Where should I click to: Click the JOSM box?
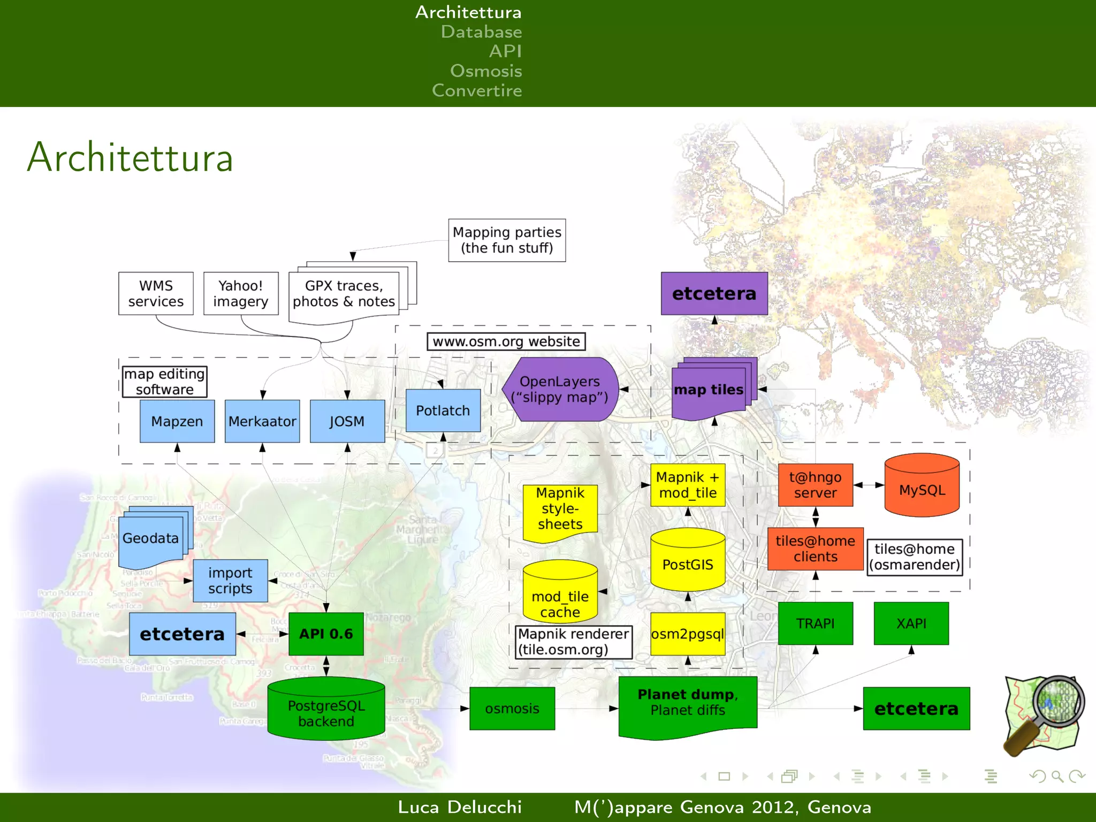point(347,421)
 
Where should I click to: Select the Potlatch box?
point(443,410)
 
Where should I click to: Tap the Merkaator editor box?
point(262,421)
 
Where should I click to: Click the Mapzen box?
point(177,421)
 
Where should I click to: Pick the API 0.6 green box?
point(326,634)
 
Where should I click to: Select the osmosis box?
point(512,709)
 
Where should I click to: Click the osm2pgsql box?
point(688,634)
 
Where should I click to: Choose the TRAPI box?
point(815,623)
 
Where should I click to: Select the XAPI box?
point(911,623)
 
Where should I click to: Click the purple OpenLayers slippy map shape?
point(560,389)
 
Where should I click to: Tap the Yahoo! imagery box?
point(241,293)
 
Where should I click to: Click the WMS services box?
point(156,293)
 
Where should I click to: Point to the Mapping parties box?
point(507,240)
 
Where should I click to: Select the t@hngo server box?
point(815,485)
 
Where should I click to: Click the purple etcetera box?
point(714,293)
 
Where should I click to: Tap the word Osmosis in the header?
point(486,71)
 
